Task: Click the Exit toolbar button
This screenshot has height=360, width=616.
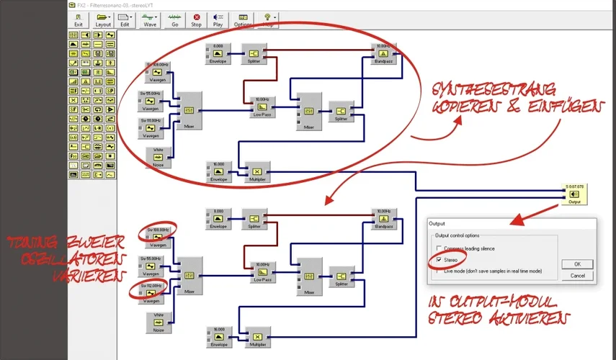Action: (79, 19)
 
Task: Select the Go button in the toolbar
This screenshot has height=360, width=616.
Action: (174, 19)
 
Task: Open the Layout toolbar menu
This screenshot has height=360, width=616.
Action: (103, 19)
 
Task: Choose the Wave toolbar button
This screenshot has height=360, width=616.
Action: (150, 19)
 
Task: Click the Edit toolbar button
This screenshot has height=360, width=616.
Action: (125, 19)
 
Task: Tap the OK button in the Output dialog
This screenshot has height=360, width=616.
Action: (577, 264)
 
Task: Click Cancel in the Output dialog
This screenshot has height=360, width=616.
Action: (577, 276)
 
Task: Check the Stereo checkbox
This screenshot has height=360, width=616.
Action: (439, 259)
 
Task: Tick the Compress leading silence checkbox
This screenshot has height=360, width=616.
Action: (439, 248)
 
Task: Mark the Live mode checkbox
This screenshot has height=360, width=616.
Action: (439, 271)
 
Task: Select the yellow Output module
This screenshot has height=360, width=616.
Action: (574, 195)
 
